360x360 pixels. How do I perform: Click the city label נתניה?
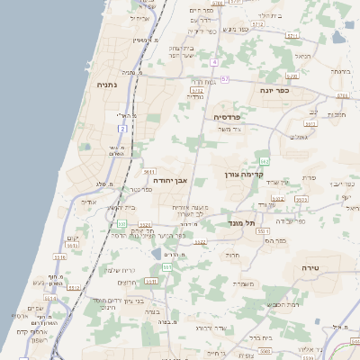(x=113, y=84)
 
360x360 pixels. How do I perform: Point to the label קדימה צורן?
(x=267, y=174)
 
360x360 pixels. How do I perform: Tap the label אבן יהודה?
(x=169, y=180)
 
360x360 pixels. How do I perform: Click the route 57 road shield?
(x=224, y=79)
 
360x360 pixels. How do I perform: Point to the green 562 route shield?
(x=265, y=160)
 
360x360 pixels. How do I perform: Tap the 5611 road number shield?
(x=149, y=171)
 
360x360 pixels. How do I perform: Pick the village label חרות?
(x=233, y=255)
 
